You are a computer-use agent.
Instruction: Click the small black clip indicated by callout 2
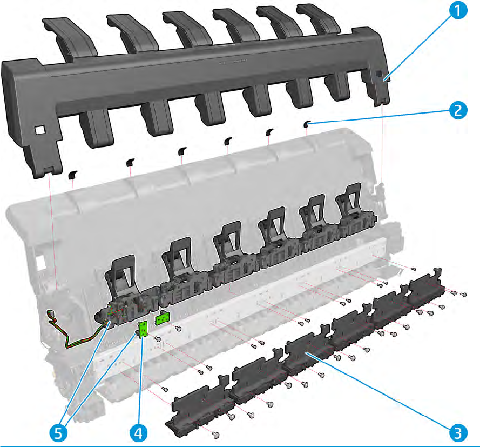coord(306,124)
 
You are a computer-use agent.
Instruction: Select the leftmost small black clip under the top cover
coord(72,174)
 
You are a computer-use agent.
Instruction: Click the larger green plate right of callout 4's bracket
coord(163,319)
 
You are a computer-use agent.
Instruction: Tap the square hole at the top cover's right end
coord(379,74)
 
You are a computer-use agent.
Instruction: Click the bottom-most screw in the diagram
coord(217,433)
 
